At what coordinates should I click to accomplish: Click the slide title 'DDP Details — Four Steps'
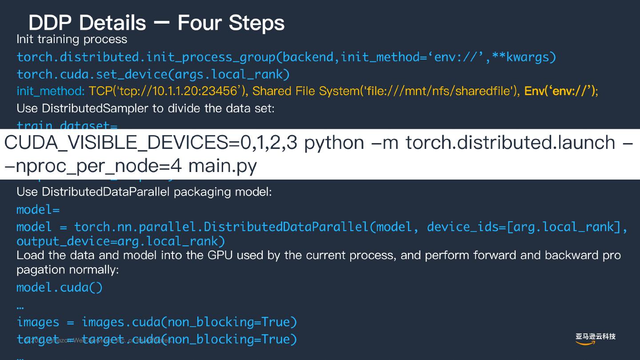(x=156, y=22)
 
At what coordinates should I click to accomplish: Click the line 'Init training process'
(x=72, y=39)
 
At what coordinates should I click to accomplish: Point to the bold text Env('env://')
(x=560, y=91)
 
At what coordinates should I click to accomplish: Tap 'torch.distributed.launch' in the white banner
(x=510, y=142)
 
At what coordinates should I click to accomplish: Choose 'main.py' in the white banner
(x=222, y=166)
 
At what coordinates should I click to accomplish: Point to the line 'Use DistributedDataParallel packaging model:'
(x=144, y=192)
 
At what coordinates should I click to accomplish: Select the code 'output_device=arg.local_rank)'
(x=121, y=241)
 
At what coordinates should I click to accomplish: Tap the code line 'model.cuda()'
(x=60, y=288)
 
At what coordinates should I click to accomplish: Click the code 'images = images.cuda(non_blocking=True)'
(x=156, y=322)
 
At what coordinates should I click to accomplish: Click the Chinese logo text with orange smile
(x=595, y=338)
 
